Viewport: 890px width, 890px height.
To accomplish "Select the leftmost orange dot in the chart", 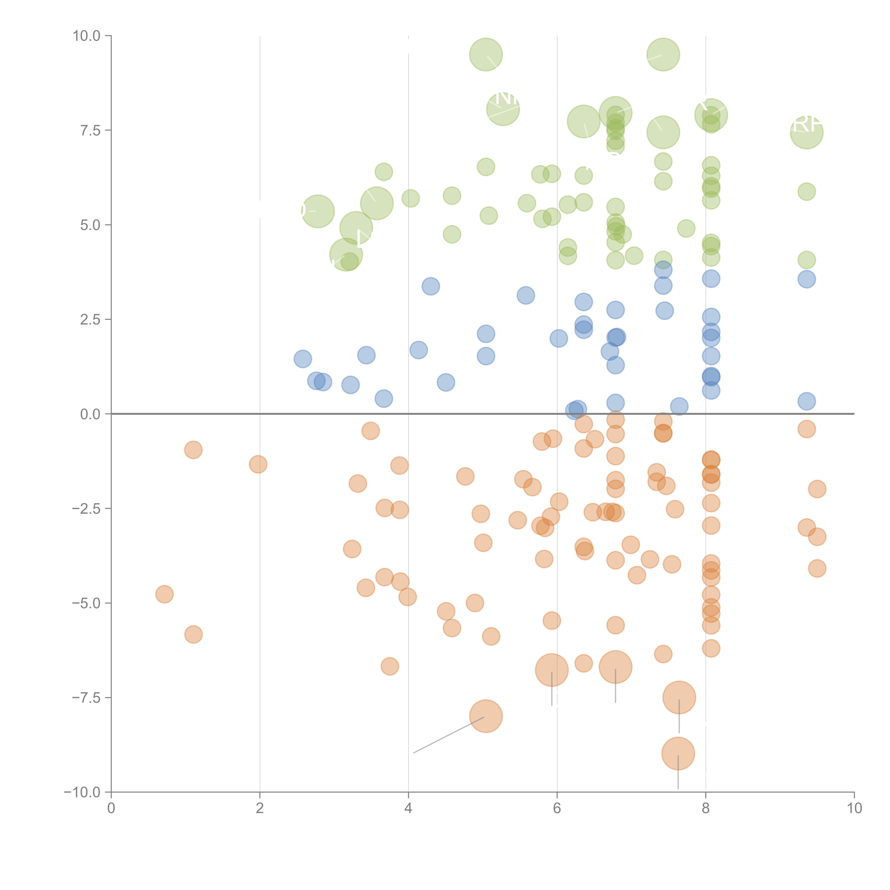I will click(164, 594).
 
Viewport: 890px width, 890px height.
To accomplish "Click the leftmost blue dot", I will click(303, 359).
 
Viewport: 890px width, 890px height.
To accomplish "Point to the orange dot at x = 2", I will click(258, 464).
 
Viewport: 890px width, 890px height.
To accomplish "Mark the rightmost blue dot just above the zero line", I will click(807, 401).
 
